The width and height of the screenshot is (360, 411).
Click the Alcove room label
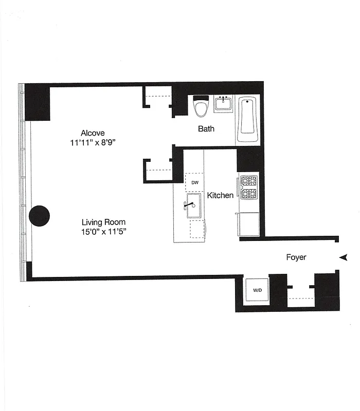click(93, 133)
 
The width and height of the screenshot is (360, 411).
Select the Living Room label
click(103, 222)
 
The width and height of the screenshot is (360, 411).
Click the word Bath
click(206, 129)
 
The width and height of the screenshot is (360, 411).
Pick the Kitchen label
click(220, 195)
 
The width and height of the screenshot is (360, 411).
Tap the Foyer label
click(296, 257)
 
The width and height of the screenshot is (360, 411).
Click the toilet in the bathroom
click(201, 106)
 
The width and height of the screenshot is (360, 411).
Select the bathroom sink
click(224, 104)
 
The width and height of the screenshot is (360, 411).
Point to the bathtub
click(247, 119)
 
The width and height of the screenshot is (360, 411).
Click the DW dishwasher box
click(195, 182)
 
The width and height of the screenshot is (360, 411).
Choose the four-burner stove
click(248, 187)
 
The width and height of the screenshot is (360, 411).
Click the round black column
click(39, 216)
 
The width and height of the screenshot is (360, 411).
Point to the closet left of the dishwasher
click(158, 169)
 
